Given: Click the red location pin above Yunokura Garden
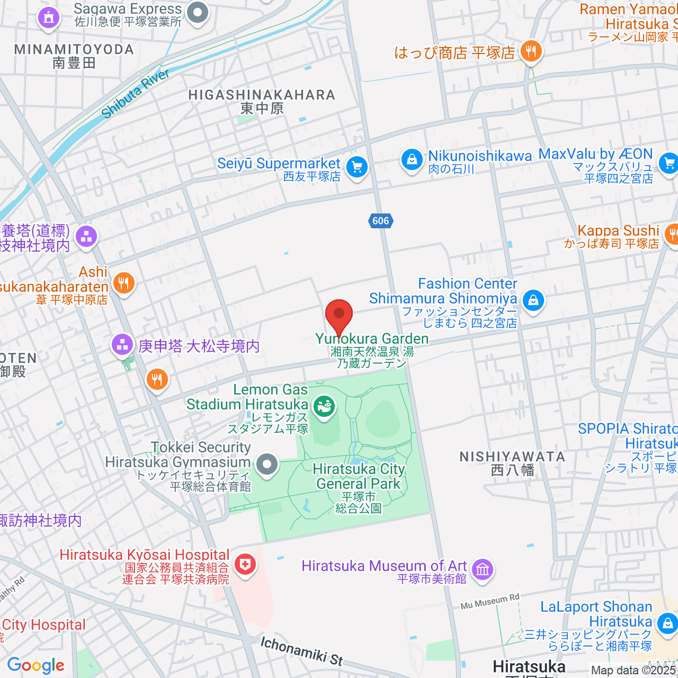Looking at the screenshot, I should coord(339,314).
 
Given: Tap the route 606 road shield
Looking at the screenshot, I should coord(381,221).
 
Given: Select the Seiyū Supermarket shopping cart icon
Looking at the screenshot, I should coord(357,168).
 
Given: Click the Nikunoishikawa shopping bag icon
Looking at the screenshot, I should coord(412,160).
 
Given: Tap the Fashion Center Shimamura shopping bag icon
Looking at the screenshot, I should coord(533,300).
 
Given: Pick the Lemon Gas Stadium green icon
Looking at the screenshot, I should coord(324,406).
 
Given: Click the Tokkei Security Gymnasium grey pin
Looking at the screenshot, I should coord(267,465).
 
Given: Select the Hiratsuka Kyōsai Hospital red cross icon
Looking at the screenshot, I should coord(245,564).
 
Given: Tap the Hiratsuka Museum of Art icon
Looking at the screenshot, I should coord(483,570).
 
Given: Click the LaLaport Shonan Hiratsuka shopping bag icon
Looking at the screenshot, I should coord(667,624).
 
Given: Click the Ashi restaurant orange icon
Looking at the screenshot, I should coord(124,283).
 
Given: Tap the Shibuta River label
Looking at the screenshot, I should coord(135,94).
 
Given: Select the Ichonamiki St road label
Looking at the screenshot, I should coord(301,650).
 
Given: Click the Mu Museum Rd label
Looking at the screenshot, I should coord(489,602).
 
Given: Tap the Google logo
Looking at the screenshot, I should coord(36,666).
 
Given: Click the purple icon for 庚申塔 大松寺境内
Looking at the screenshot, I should coord(122,345).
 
